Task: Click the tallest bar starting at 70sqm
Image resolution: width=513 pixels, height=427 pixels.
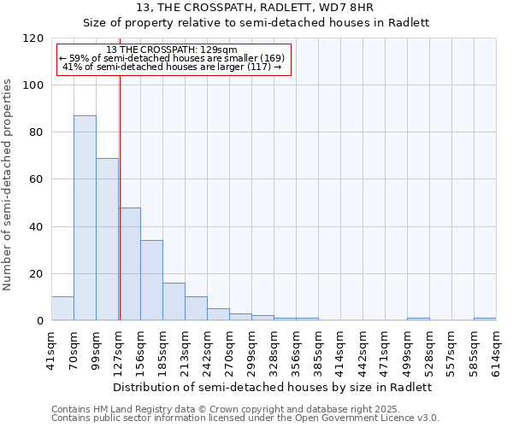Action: click(x=85, y=218)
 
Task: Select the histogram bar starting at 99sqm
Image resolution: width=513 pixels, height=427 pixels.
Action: click(x=107, y=239)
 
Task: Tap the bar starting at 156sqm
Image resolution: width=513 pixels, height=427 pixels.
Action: click(x=151, y=280)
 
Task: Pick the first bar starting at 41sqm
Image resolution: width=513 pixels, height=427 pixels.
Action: click(x=62, y=308)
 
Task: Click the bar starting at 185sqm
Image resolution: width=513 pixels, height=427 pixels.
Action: click(x=174, y=301)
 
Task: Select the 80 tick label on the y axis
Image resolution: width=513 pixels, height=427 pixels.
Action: click(x=37, y=132)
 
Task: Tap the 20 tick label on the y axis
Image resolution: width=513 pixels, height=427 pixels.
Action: click(x=37, y=274)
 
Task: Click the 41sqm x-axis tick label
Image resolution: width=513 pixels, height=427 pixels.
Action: click(x=52, y=348)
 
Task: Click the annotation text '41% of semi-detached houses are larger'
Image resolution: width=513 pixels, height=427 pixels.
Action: click(x=173, y=67)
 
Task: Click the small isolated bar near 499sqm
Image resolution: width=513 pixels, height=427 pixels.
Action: click(x=418, y=319)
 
